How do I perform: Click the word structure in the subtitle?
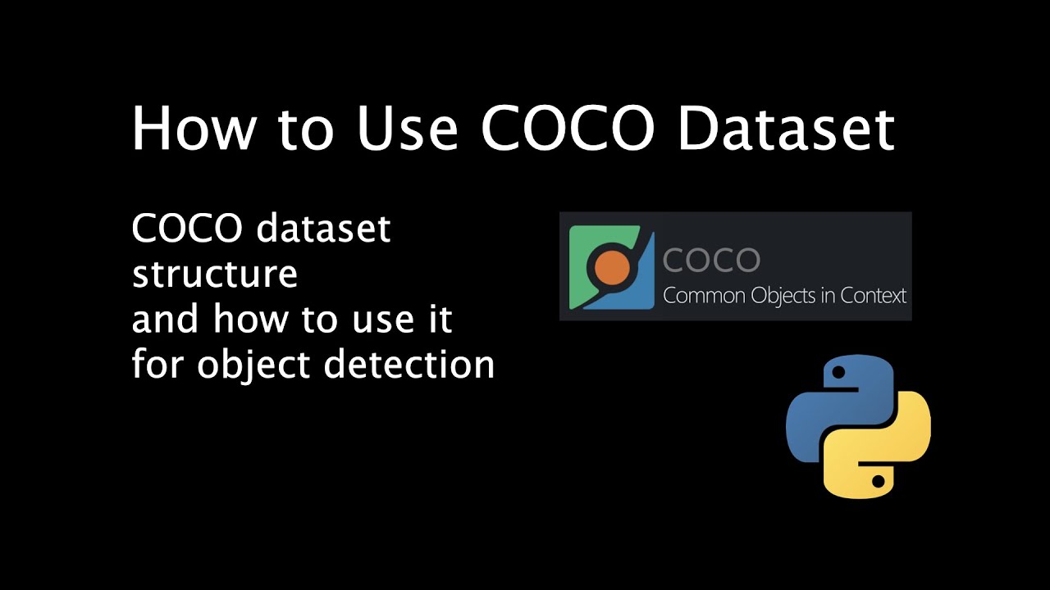coord(214,275)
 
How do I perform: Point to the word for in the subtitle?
coord(157,363)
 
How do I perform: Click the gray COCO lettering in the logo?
coord(711,261)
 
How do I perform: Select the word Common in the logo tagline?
coord(695,296)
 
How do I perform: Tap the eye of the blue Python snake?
coord(838,374)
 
